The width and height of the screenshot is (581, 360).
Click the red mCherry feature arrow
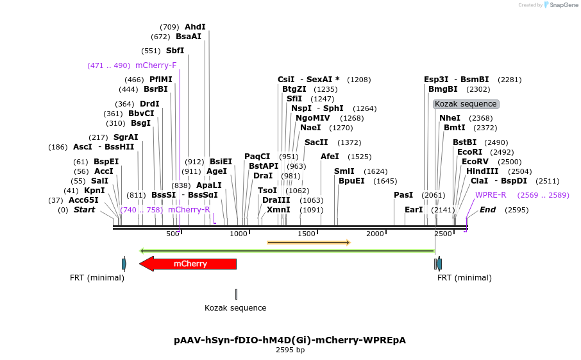tap(189, 264)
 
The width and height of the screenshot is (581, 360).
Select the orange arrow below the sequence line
tap(308, 243)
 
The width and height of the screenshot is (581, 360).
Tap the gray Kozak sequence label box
tap(466, 104)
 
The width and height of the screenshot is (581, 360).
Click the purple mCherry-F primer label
tap(156, 65)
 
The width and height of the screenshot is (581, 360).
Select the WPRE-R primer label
tap(491, 195)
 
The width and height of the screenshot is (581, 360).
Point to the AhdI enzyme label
tap(195, 27)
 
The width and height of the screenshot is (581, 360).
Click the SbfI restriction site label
tap(175, 51)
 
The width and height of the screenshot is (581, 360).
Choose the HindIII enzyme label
tap(482, 171)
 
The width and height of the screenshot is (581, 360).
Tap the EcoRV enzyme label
tap(475, 162)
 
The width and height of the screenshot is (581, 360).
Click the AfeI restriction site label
tap(330, 157)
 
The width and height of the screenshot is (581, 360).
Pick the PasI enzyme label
tap(403, 195)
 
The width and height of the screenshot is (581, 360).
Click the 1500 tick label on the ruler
tap(307, 234)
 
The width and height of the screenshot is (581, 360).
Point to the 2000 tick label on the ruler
tap(375, 234)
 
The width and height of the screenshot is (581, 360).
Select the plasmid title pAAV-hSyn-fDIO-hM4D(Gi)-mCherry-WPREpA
tap(290, 340)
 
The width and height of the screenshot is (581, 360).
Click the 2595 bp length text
tap(290, 350)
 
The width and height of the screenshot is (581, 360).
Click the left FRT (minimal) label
tap(97, 278)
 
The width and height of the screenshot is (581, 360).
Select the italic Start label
tap(84, 210)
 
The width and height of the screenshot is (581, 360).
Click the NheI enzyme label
tap(450, 118)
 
